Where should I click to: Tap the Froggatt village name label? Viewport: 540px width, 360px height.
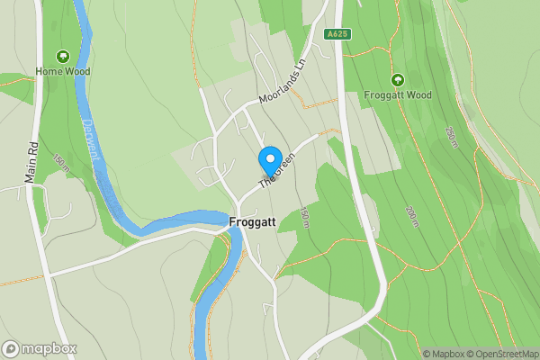(x=253, y=220)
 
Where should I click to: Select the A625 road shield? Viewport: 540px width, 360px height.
(x=337, y=34)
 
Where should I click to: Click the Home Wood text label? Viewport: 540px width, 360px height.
(x=63, y=71)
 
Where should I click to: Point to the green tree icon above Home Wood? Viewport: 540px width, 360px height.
(x=63, y=56)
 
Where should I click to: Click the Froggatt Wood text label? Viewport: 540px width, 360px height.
(x=398, y=94)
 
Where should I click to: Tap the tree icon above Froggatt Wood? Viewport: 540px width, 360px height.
(x=398, y=79)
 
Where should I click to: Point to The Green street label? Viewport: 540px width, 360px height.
(x=278, y=170)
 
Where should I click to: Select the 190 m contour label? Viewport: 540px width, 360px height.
(x=304, y=218)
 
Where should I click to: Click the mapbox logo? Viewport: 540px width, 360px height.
(x=40, y=348)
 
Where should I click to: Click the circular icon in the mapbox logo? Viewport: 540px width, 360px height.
(x=11, y=348)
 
